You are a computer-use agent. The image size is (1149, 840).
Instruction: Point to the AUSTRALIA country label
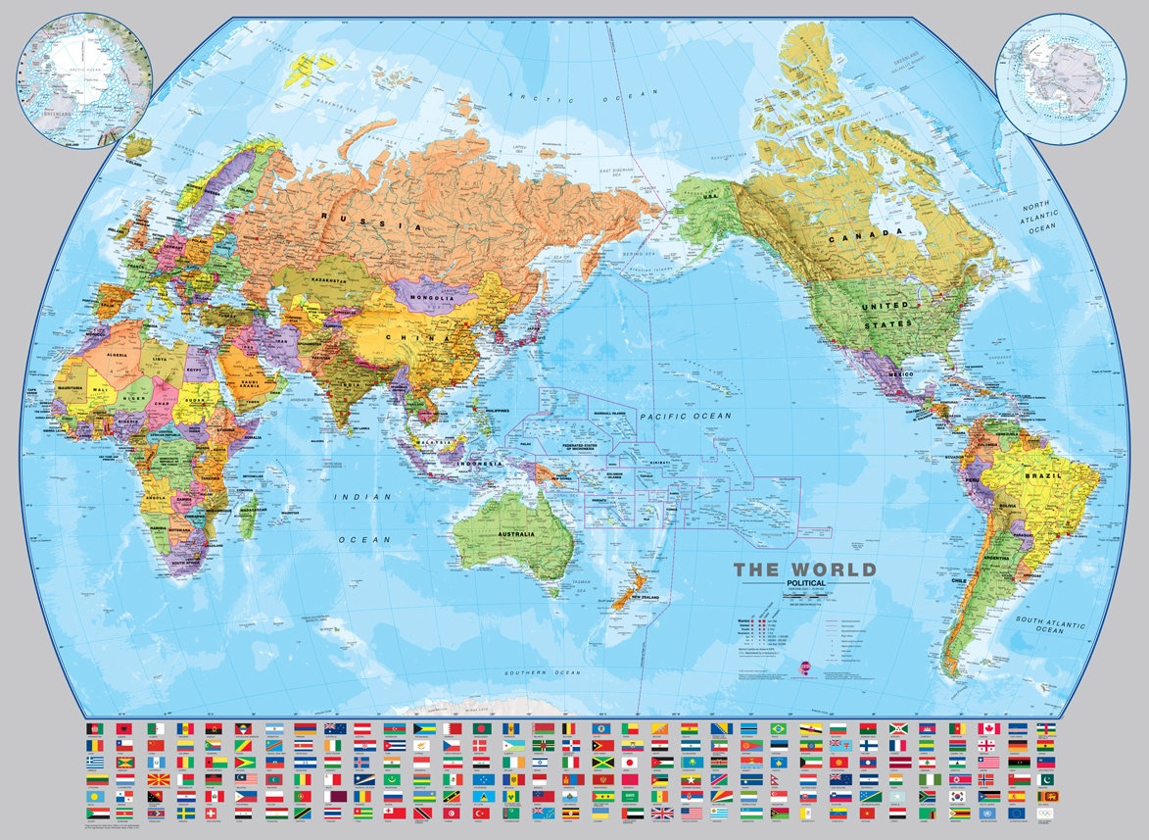coord(516,534)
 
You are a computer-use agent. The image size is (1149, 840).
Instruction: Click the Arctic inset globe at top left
coord(83,80)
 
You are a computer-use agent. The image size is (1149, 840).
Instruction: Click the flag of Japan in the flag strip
coord(630,762)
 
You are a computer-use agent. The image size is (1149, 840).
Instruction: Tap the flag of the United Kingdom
coord(661,814)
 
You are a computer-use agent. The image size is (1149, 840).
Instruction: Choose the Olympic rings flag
coord(1046,814)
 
